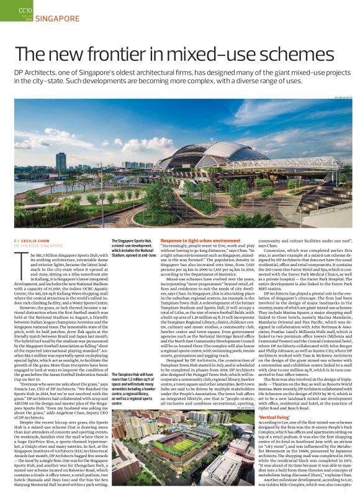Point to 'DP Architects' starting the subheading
coord(35,74)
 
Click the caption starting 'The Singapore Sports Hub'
coord(133,247)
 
